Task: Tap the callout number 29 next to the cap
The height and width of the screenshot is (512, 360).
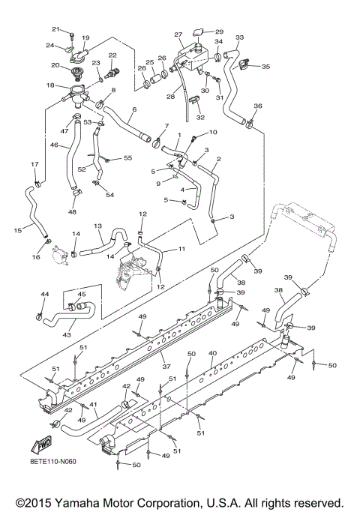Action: [220, 31]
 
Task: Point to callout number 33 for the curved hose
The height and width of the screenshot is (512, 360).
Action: [240, 37]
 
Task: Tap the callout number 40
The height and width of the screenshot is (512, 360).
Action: [213, 352]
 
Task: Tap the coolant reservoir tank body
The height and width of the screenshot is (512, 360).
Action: [190, 59]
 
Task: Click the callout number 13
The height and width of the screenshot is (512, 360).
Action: [98, 226]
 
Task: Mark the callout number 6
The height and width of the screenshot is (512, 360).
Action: [133, 109]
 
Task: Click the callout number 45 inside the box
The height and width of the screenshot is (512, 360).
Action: [81, 294]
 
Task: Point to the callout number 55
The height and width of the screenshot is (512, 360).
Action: [127, 157]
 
